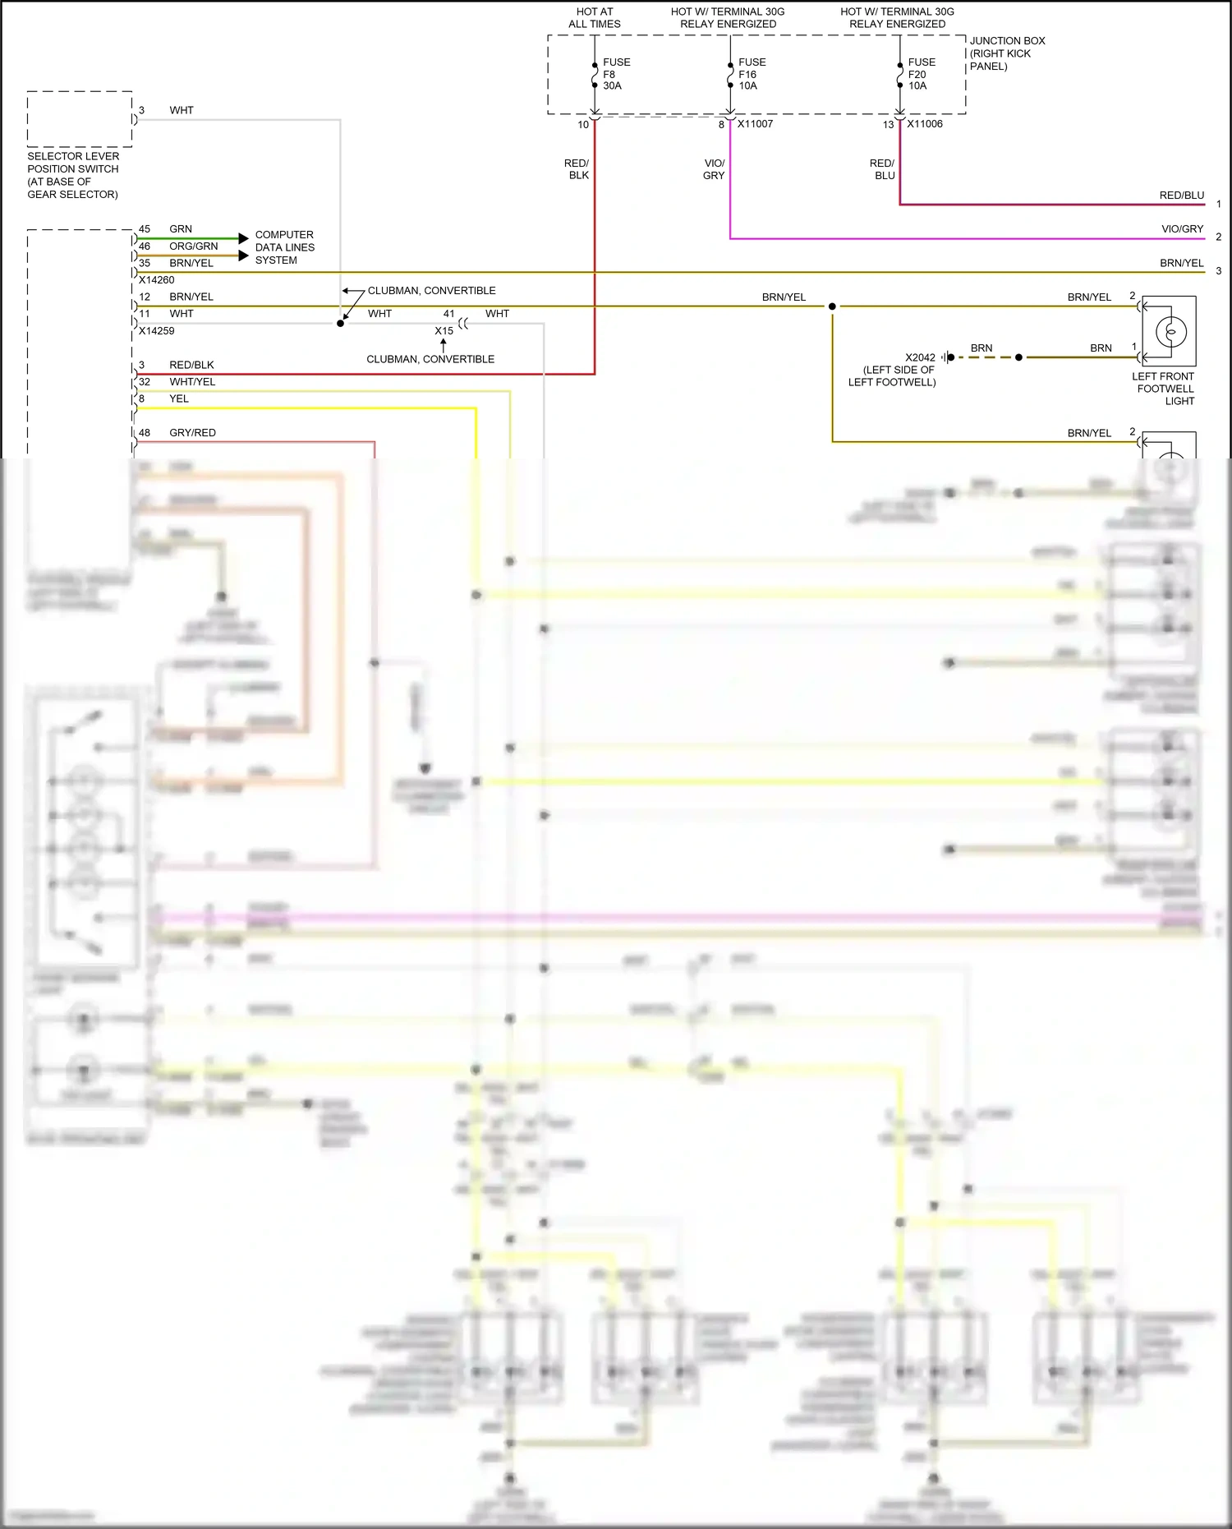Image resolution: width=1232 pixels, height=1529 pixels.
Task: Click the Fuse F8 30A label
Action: (616, 74)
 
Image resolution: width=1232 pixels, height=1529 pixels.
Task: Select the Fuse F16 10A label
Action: (752, 74)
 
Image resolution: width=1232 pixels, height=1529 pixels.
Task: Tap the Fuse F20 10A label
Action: (921, 74)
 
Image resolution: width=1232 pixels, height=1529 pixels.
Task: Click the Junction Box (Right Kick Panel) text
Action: (1007, 53)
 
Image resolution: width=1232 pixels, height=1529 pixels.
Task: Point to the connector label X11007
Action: (755, 124)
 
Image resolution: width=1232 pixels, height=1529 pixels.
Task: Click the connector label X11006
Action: (925, 124)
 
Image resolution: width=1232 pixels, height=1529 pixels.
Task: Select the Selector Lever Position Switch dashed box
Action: (80, 119)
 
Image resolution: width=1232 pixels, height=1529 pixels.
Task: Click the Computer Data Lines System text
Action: (284, 247)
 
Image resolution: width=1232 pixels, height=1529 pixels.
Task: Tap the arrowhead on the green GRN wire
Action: (243, 238)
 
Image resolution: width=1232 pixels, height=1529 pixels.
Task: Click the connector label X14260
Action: (156, 280)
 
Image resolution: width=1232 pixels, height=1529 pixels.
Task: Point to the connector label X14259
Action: (156, 331)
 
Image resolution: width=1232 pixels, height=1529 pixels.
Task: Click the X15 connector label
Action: (444, 331)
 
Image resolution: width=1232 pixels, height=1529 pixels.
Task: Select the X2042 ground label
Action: (920, 357)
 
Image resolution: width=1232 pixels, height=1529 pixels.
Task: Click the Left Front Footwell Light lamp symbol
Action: (1170, 332)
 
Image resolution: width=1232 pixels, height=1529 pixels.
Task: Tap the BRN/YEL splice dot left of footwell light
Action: (832, 306)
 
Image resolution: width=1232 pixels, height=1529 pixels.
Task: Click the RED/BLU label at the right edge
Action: (1181, 196)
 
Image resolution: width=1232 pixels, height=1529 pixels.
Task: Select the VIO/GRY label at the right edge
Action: (1182, 229)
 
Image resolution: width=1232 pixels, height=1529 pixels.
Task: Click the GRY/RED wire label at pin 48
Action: (192, 433)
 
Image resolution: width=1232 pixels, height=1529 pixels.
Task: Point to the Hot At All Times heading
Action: (595, 18)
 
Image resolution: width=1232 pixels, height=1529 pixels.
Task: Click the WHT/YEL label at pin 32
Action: (192, 382)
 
